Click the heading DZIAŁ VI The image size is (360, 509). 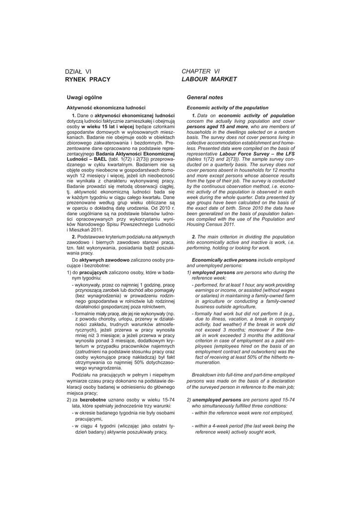click(79, 72)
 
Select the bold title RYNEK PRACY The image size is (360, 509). click(88, 80)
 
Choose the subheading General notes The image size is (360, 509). click(205, 97)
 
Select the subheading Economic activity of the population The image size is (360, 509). click(227, 107)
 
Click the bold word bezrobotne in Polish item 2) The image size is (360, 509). click(94, 400)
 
